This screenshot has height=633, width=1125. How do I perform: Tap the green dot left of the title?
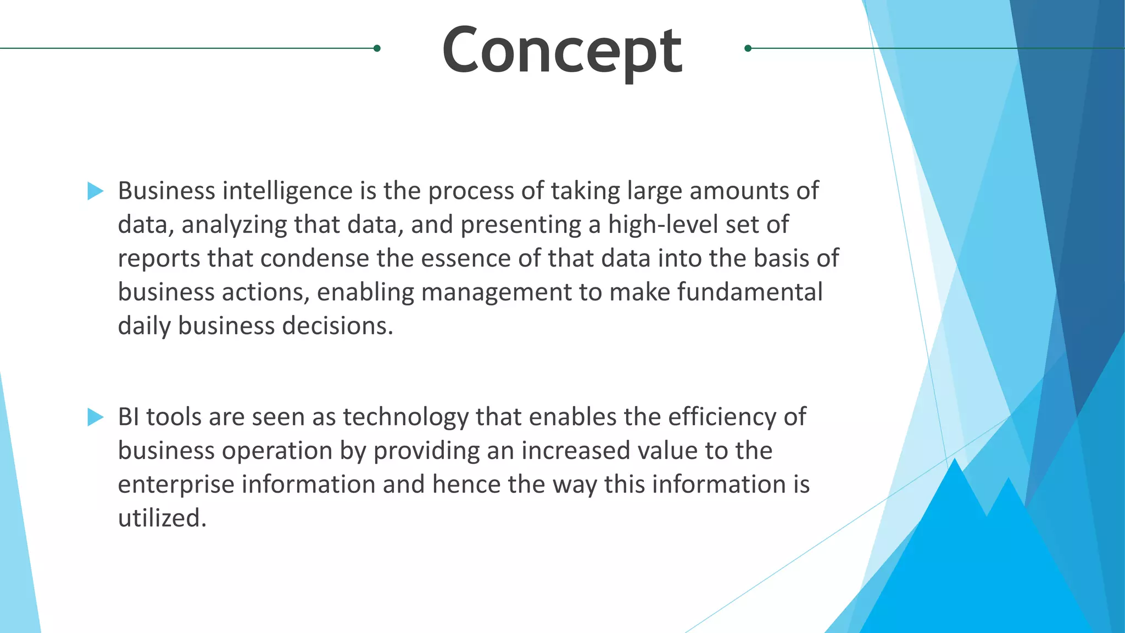[x=377, y=48]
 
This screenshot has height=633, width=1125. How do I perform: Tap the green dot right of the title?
[x=748, y=48]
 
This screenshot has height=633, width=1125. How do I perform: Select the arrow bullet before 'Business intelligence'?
[x=96, y=191]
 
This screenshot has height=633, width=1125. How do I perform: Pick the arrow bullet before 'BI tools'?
[x=96, y=417]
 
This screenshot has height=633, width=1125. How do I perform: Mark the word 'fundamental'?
[x=750, y=292]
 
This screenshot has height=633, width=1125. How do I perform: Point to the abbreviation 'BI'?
[x=129, y=417]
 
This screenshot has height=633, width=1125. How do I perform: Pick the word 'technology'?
[x=405, y=417]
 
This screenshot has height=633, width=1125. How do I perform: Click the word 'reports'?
[x=159, y=259]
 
